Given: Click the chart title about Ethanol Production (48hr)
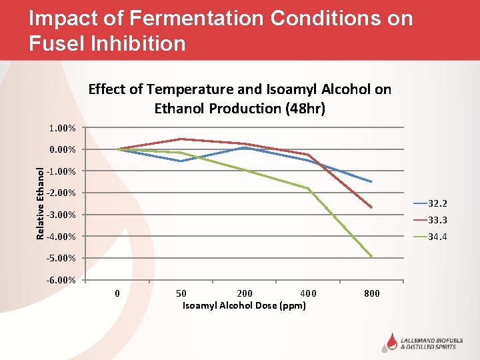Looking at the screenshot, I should [x=239, y=99].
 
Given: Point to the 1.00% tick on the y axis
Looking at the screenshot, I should [x=62, y=128].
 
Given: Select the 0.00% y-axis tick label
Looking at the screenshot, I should [x=62, y=149].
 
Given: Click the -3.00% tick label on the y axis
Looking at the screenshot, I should [x=61, y=215].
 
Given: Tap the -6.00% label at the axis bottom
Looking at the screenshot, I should [x=61, y=280].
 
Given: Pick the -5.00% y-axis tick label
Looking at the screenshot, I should [x=61, y=258].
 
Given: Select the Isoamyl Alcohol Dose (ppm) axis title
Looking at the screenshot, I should [x=244, y=305].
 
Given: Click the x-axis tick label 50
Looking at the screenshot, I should [x=181, y=293].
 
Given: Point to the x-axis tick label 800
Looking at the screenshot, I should [x=372, y=293].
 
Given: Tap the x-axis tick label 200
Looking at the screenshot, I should [x=245, y=293].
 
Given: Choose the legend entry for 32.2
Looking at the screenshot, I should [x=430, y=203].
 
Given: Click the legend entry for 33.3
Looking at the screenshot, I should [x=430, y=220].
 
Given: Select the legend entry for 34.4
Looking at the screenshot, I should [x=430, y=237].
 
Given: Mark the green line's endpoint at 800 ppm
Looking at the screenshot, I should [x=372, y=257].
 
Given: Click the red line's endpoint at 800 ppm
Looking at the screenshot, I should [x=372, y=208].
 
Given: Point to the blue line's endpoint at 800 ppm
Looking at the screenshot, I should [x=372, y=182].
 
